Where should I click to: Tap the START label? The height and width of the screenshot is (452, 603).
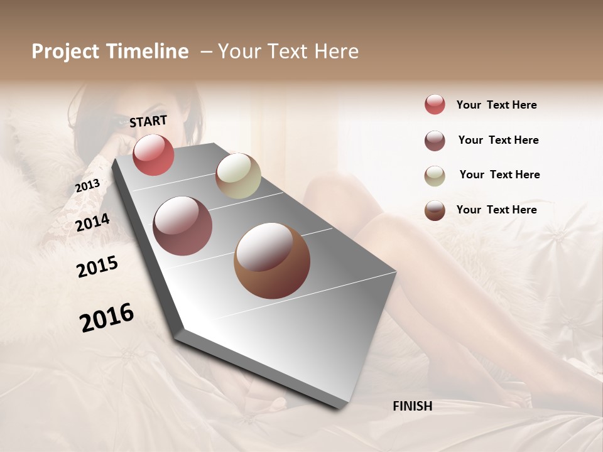(148, 121)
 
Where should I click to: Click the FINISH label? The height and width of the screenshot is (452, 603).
(412, 406)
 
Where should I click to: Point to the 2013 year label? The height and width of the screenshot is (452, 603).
(87, 186)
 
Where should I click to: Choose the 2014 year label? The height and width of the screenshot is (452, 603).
(93, 222)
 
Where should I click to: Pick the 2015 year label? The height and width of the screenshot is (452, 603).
(97, 266)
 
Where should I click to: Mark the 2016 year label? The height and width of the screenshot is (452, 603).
(107, 317)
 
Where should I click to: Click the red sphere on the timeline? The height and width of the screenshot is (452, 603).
(153, 154)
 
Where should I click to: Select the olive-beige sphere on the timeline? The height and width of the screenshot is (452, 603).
(238, 176)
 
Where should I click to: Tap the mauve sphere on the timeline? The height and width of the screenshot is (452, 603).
(183, 226)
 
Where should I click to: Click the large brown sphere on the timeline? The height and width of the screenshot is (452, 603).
(271, 261)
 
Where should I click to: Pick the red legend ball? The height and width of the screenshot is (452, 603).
(435, 105)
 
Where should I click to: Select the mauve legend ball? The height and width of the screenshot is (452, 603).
(435, 141)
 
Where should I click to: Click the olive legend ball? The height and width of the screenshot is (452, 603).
(435, 176)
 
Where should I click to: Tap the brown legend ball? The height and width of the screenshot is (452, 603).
(435, 210)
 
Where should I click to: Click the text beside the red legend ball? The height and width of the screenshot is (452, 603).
(496, 105)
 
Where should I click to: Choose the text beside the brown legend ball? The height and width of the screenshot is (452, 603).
(496, 210)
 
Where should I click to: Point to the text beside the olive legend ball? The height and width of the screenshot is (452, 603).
(499, 175)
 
